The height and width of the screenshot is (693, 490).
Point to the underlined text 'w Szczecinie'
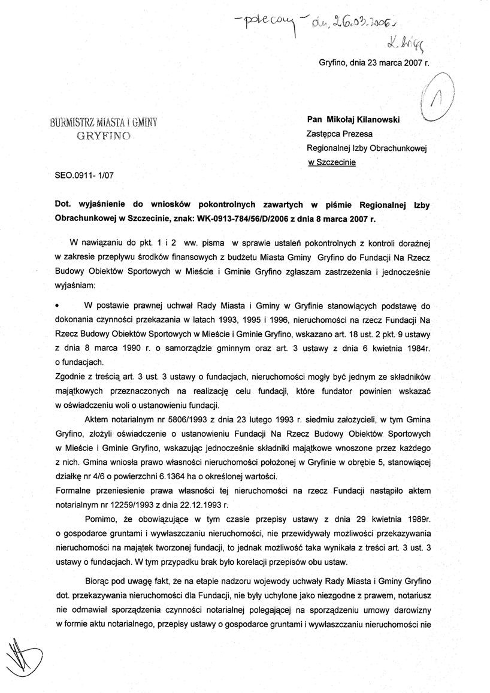coord(331,162)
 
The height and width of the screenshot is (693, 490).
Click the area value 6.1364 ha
coord(198,476)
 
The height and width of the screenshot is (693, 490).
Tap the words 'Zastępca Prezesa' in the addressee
coord(337,134)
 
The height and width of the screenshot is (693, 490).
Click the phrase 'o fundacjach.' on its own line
coord(78,362)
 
